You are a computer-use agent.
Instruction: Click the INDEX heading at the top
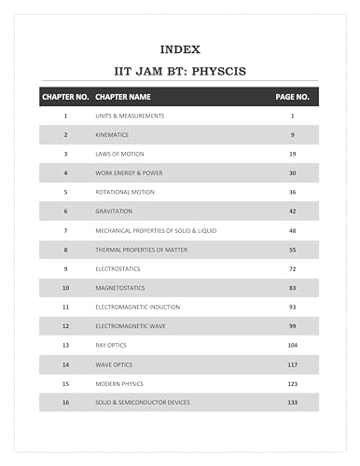pyautogui.click(x=179, y=48)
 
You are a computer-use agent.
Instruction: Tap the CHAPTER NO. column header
pyautogui.click(x=65, y=96)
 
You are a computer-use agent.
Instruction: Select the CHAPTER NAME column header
pyautogui.click(x=123, y=96)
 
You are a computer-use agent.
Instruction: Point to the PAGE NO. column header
pyautogui.click(x=291, y=96)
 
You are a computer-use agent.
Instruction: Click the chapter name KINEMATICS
pyautogui.click(x=113, y=134)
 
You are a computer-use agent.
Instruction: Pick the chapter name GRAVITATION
pyautogui.click(x=115, y=211)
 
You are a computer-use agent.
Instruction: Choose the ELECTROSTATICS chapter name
pyautogui.click(x=118, y=268)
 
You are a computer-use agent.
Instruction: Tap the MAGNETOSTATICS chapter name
pyautogui.click(x=120, y=287)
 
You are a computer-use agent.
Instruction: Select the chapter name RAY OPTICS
pyautogui.click(x=111, y=345)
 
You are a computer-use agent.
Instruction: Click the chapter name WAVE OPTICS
pyautogui.click(x=113, y=364)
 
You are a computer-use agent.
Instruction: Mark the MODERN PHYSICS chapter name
pyautogui.click(x=118, y=383)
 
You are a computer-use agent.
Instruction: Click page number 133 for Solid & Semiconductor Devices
pyautogui.click(x=293, y=403)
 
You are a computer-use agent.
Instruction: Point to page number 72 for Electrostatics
pyautogui.click(x=293, y=268)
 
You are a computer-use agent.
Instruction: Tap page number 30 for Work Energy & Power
pyautogui.click(x=293, y=172)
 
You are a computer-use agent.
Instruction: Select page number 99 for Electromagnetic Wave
pyautogui.click(x=293, y=326)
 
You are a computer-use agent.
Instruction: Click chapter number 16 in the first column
pyautogui.click(x=65, y=403)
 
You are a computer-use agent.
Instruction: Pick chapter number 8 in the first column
pyautogui.click(x=65, y=250)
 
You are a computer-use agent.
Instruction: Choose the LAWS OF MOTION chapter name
pyautogui.click(x=118, y=153)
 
